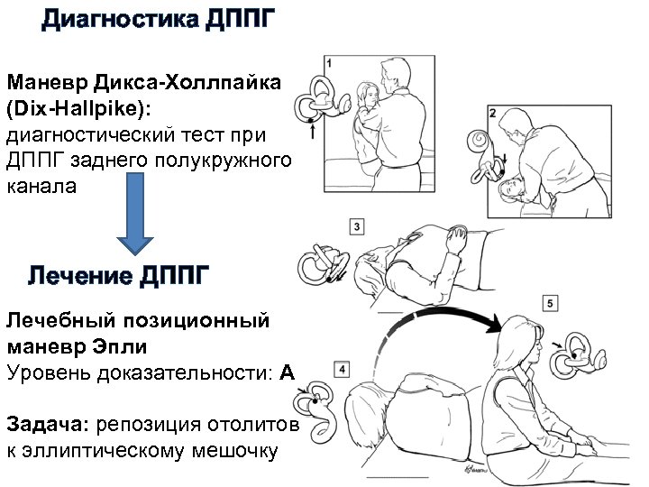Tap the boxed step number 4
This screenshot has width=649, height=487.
[341, 369]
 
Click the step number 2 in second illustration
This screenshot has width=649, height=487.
[492, 113]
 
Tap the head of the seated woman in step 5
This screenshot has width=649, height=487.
[521, 334]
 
